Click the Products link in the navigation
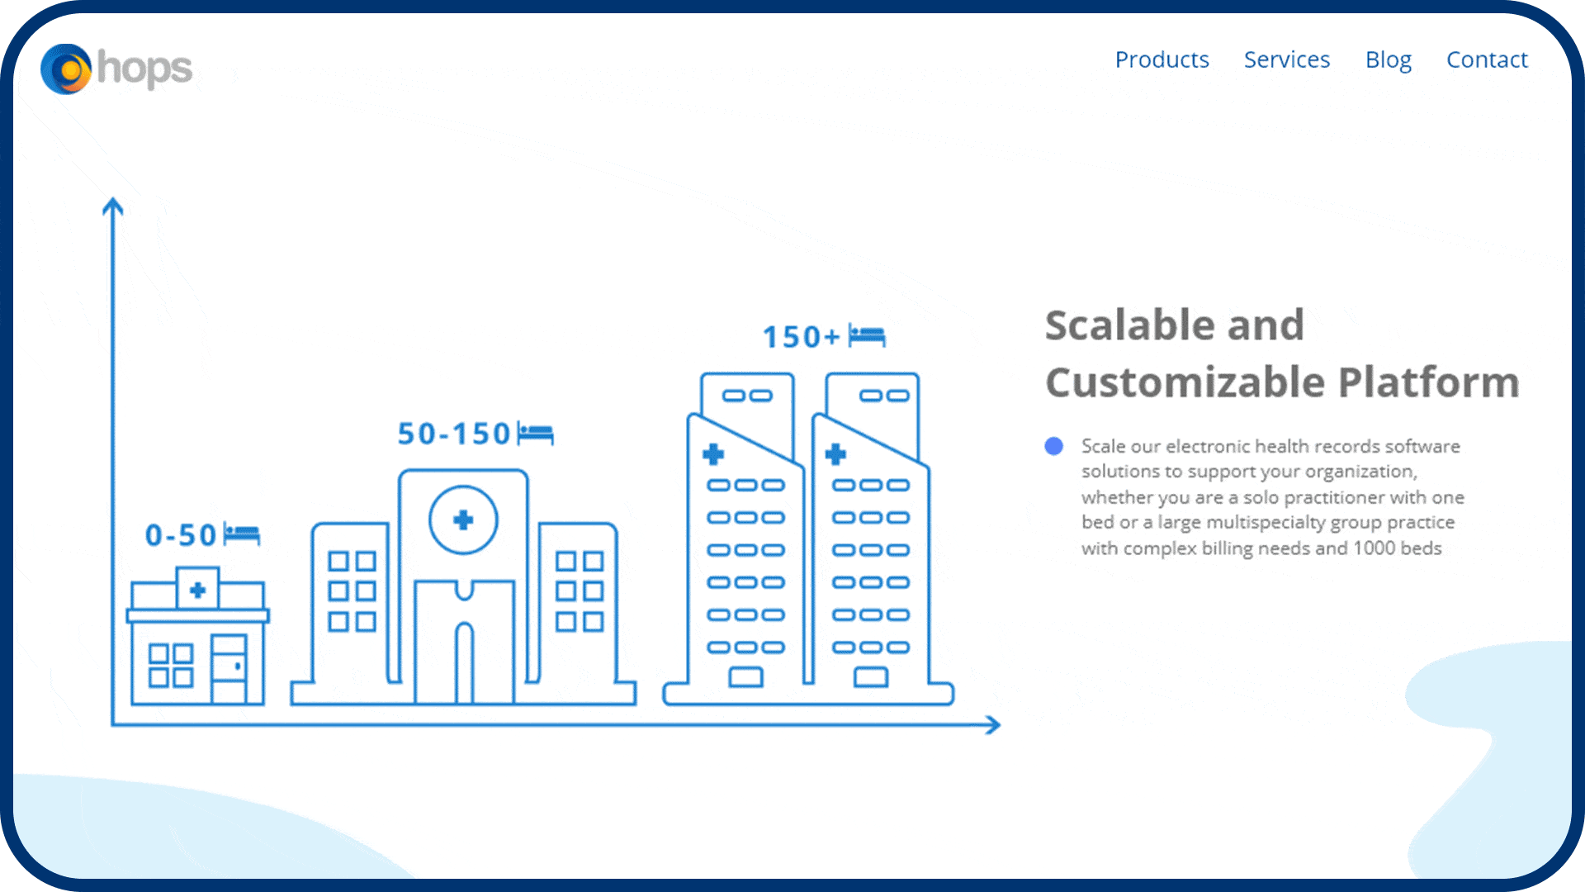pyautogui.click(x=1162, y=59)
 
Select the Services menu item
pyautogui.click(x=1287, y=59)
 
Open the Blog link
pyautogui.click(x=1389, y=60)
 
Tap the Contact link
pyautogui.click(x=1487, y=59)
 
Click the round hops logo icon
pyautogui.click(x=66, y=69)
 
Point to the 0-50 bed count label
pyautogui.click(x=181, y=535)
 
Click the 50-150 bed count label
pyautogui.click(x=454, y=434)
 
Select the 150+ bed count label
pyautogui.click(x=801, y=337)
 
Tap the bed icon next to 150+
pyautogui.click(x=867, y=336)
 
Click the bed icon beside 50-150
pyautogui.click(x=535, y=433)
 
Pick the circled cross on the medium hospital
pyautogui.click(x=463, y=520)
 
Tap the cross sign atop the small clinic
pyautogui.click(x=197, y=590)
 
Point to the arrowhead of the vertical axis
pyautogui.click(x=113, y=206)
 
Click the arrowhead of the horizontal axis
pyautogui.click(x=993, y=725)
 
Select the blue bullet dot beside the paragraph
pyautogui.click(x=1053, y=447)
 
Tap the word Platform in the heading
pyautogui.click(x=1428, y=382)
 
